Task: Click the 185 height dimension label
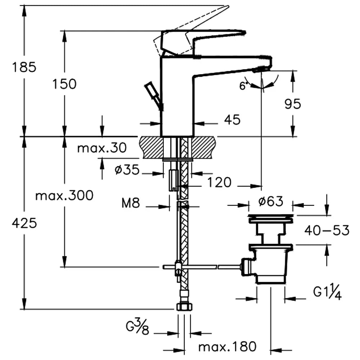tap(24, 67)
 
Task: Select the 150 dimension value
tap(64, 84)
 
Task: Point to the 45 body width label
tap(232, 120)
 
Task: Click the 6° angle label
tap(244, 86)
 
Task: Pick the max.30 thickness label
tap(102, 148)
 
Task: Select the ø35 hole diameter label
tap(127, 170)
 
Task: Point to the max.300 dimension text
tap(64, 195)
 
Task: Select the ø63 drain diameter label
tap(271, 201)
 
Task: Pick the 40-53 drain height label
tap(327, 230)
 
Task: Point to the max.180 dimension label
tap(228, 347)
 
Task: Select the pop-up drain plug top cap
tap(271, 217)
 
